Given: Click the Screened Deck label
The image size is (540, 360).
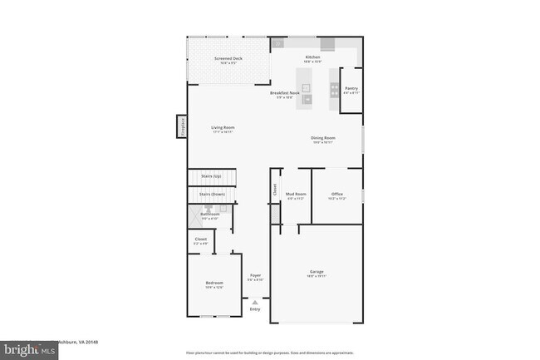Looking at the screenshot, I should tap(228, 59).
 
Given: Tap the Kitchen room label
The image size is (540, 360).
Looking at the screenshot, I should tap(312, 57).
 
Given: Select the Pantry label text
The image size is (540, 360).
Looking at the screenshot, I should tap(351, 87).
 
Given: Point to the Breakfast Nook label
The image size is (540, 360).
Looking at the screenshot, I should tap(284, 93).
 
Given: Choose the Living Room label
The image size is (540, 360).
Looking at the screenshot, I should tap(223, 128).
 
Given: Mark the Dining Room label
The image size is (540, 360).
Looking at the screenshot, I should tap(324, 138).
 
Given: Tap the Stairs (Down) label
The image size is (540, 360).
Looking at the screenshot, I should tap(212, 194).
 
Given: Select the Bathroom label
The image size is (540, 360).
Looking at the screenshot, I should tap(209, 215).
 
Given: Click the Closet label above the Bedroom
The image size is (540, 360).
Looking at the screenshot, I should tap(200, 239).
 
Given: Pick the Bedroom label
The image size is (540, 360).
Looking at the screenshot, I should tap(214, 284).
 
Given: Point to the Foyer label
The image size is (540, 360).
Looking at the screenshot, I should tap(255, 275).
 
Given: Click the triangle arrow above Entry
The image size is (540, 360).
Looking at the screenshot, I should tap(255, 303).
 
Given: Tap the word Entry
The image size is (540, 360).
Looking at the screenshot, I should tap(255, 309).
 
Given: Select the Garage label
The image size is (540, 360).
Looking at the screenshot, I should tap(317, 272).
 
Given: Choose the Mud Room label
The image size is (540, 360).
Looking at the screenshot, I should tap(296, 195).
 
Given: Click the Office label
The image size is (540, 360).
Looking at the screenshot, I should tap(336, 195).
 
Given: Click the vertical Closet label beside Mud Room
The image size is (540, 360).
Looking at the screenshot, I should tap(274, 189).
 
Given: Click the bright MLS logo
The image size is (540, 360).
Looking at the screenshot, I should tap(29, 350).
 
